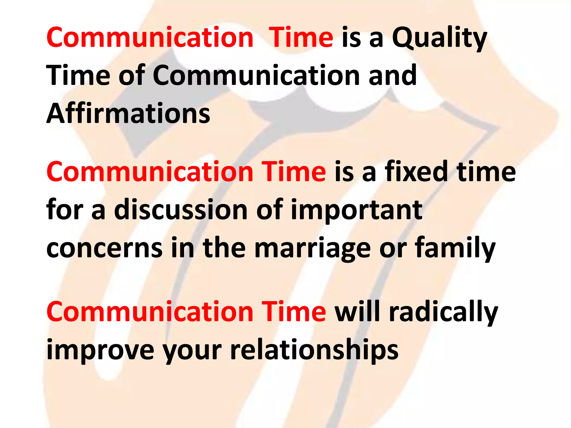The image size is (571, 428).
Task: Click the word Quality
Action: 440,38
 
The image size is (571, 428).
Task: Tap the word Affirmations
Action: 128,113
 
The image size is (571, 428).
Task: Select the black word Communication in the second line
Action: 256,75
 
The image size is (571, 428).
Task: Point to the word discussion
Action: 181,210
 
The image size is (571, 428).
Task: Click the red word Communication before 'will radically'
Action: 150,312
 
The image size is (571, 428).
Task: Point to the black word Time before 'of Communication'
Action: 78,75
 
